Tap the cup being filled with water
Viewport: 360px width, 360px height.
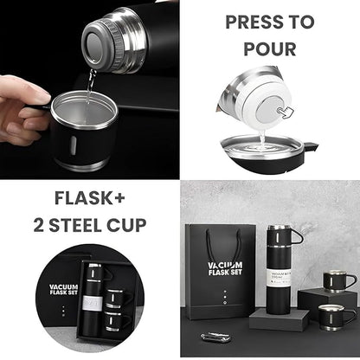click(82, 130)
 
